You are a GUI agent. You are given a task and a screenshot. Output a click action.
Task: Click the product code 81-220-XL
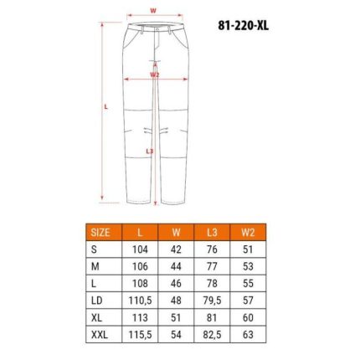click(x=244, y=26)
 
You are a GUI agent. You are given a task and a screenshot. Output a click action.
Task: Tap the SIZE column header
click(x=100, y=233)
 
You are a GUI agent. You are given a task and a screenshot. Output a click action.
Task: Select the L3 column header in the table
click(x=212, y=233)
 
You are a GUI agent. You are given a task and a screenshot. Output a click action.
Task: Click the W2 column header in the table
click(x=248, y=233)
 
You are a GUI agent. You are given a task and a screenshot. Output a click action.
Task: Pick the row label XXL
click(x=100, y=335)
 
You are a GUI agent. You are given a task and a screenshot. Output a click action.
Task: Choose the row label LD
click(x=97, y=301)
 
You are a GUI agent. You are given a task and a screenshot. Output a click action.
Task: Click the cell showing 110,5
click(x=140, y=301)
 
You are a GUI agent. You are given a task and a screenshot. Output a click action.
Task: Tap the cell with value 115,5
click(x=140, y=335)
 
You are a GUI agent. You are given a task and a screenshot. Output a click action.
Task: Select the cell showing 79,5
click(x=212, y=301)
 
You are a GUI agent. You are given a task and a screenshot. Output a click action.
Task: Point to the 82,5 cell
click(x=212, y=335)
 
